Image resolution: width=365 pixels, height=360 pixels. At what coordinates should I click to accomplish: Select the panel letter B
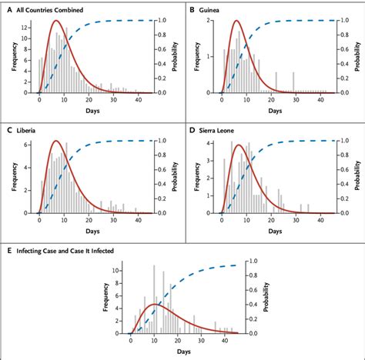(192, 9)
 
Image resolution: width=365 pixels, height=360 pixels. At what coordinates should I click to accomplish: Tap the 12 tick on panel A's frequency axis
(27, 25)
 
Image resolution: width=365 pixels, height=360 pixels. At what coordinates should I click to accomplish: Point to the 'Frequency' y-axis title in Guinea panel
(198, 56)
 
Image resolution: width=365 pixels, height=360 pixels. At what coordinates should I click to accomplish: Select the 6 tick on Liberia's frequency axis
(28, 145)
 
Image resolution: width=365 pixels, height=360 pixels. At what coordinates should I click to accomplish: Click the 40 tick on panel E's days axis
(223, 341)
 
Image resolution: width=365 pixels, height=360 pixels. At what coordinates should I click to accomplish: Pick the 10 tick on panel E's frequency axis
(115, 271)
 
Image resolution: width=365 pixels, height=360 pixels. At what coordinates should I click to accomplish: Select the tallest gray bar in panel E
(154, 265)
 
